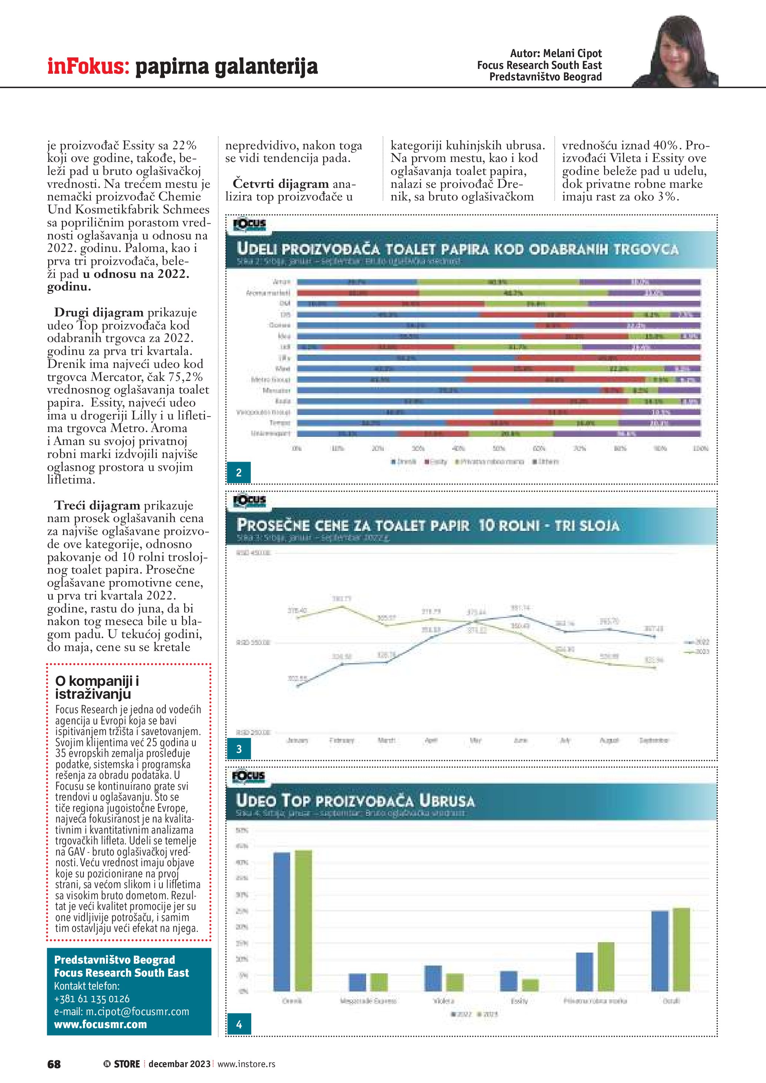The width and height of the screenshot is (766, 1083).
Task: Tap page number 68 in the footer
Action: click(x=54, y=1064)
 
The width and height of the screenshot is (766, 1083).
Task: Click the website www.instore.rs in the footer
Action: click(x=246, y=1064)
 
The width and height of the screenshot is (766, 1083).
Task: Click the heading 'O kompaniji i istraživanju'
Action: click(x=97, y=687)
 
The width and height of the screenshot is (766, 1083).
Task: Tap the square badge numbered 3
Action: click(x=239, y=749)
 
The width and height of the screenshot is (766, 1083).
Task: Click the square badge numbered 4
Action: click(x=239, y=1024)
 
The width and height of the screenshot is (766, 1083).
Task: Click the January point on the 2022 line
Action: click(x=298, y=686)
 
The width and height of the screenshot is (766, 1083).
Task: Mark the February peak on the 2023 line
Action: click(x=342, y=606)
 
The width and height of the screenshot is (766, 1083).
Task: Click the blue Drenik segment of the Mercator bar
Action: click(x=448, y=391)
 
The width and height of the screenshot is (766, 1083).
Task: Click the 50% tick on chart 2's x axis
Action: click(x=498, y=448)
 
